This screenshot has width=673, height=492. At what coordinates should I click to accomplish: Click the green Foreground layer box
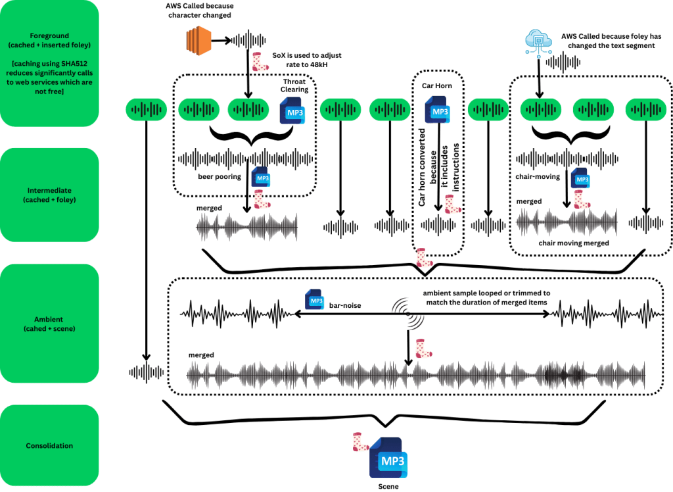tap(49, 63)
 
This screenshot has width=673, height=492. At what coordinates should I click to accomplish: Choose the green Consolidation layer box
tap(49, 445)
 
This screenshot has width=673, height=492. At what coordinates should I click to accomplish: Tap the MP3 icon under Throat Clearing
tap(292, 110)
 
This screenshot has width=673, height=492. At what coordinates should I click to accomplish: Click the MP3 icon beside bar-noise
tap(315, 300)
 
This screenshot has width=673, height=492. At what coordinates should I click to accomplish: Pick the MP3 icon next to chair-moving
tap(580, 178)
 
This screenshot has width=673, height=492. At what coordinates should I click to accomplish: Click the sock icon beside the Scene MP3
tap(360, 442)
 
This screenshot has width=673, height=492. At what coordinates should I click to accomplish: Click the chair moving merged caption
tap(573, 243)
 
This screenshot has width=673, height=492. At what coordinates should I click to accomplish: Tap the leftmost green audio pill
tap(146, 110)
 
